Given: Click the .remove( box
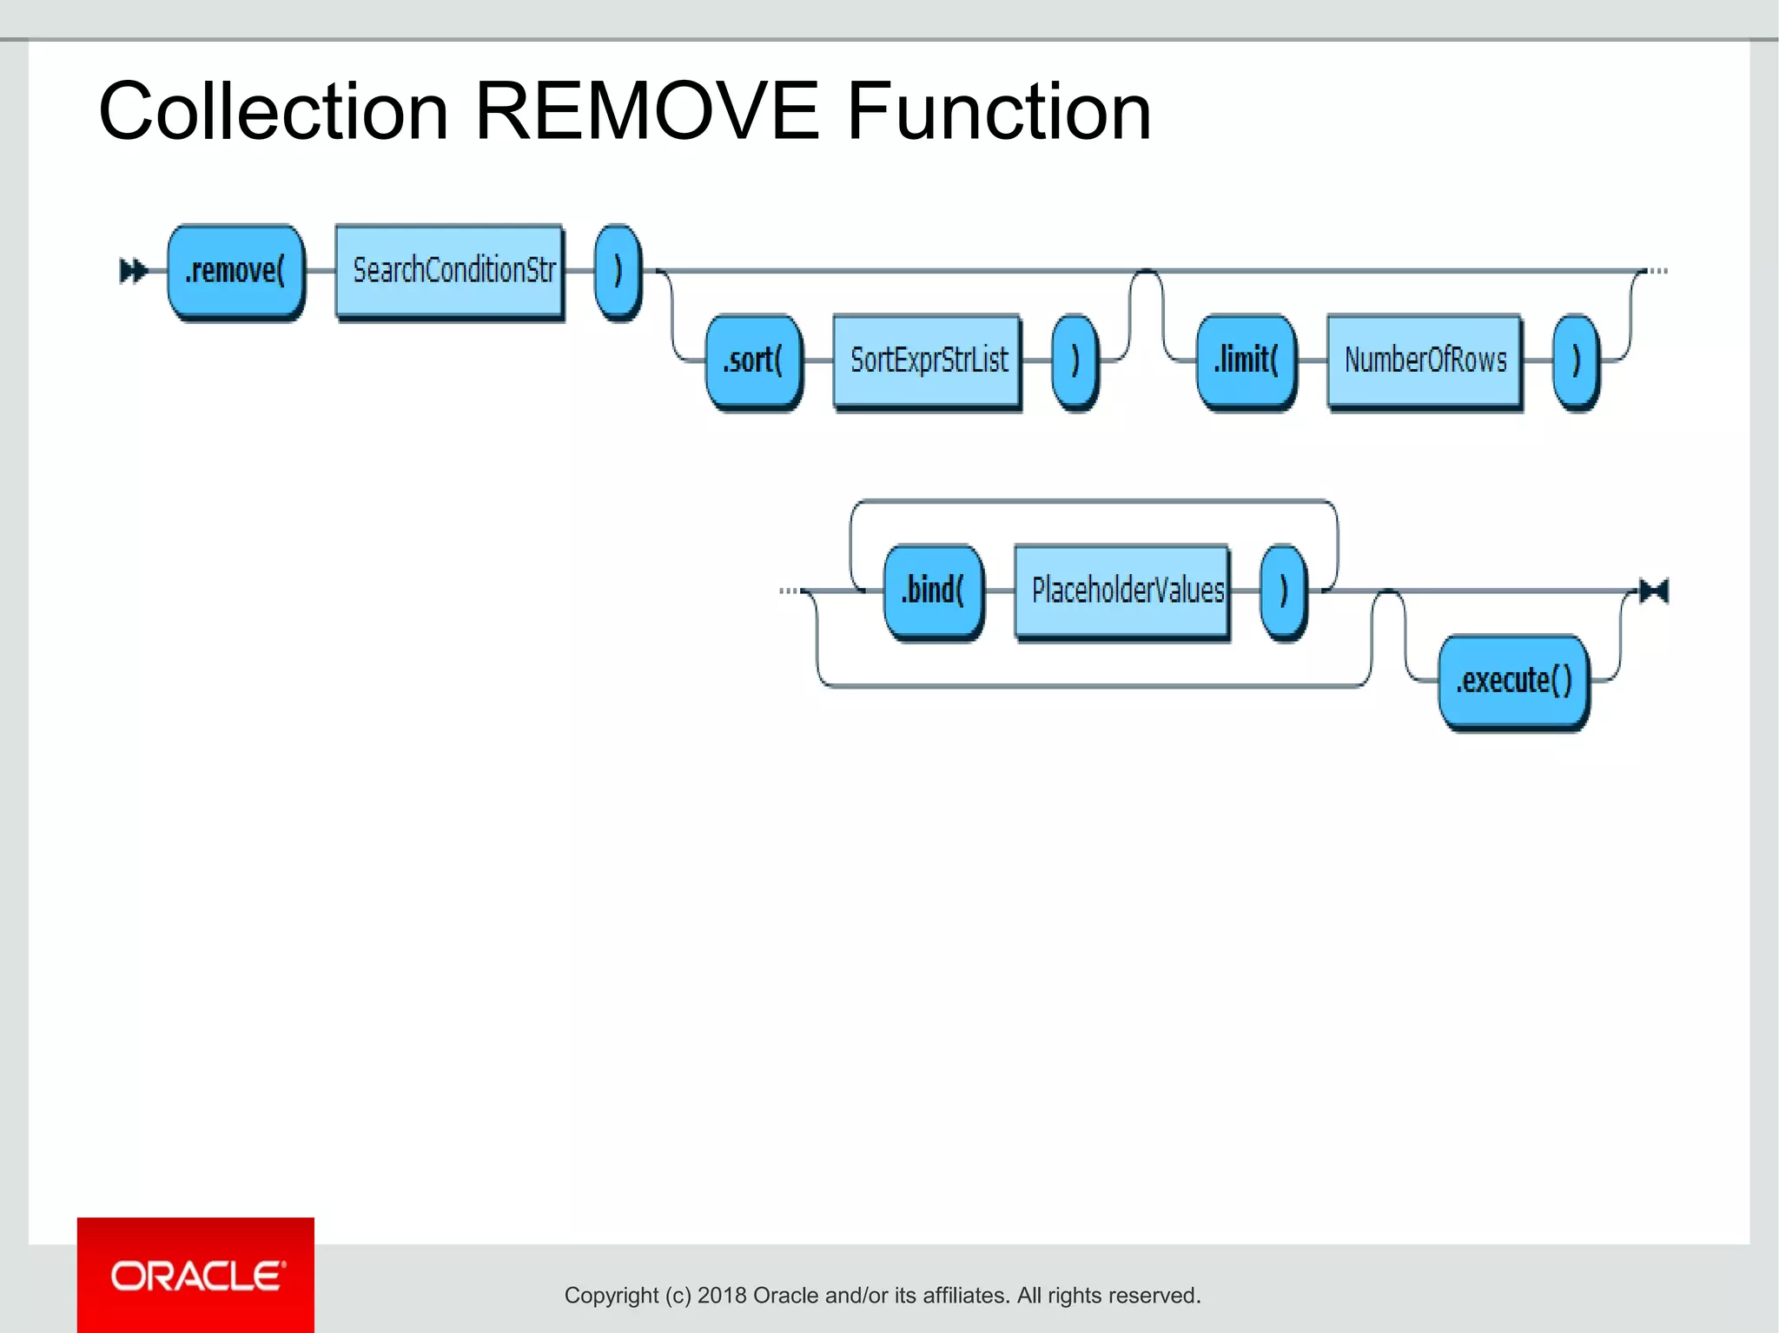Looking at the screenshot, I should point(235,271).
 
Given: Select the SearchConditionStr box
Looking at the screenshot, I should point(450,271).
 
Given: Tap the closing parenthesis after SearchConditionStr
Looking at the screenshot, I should point(618,271).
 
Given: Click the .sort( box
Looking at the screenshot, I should point(753,360).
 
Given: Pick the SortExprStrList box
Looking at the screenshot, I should point(927,360).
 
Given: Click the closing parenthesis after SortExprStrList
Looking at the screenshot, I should point(1075,360).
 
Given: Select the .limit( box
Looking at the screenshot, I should point(1246,360).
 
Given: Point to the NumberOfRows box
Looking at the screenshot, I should point(1425,360).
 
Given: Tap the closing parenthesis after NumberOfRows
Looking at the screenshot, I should point(1576,360).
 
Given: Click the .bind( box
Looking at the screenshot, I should point(933,591).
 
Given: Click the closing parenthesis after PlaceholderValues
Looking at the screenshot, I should point(1283,591).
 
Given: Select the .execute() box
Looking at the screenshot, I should point(1513,681).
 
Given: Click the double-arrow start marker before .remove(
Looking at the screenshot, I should point(133,271).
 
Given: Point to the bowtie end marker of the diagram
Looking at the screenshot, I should point(1653,591).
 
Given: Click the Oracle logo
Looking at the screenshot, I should point(196,1276).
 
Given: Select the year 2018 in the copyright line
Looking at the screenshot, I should point(721,1296).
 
